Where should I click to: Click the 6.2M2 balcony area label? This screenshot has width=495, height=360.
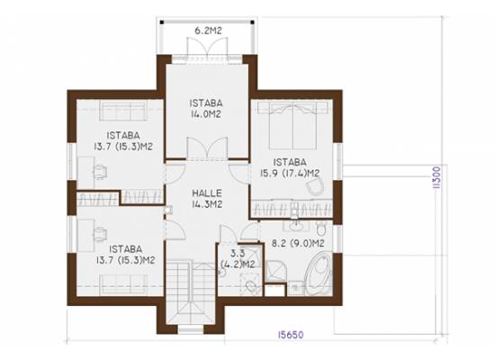(x=208, y=31)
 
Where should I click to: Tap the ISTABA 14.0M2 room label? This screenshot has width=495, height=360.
(x=206, y=109)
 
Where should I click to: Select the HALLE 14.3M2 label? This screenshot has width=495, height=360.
(x=207, y=199)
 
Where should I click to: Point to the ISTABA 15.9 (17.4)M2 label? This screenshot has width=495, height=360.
(x=290, y=167)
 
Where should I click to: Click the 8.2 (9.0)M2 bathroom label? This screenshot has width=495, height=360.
(x=298, y=244)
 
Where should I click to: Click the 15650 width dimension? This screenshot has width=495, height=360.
(x=291, y=335)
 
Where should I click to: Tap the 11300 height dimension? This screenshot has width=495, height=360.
(x=436, y=178)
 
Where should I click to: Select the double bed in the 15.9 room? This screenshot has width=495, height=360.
(x=292, y=125)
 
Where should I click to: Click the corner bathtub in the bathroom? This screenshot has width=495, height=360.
(x=319, y=273)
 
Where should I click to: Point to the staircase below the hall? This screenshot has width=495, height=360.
(x=192, y=292)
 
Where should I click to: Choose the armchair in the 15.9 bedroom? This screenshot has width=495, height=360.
(x=315, y=185)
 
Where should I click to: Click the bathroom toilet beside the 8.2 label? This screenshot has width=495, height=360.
(x=320, y=229)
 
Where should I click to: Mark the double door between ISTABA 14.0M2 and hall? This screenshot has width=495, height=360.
(x=207, y=148)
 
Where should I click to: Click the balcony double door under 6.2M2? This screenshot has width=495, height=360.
(x=207, y=48)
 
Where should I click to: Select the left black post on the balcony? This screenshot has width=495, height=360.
(x=162, y=22)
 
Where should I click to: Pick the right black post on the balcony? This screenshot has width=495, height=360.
(x=252, y=22)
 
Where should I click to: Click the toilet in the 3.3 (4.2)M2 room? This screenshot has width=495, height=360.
(x=251, y=286)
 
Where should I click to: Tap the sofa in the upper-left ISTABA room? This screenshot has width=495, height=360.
(x=123, y=111)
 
